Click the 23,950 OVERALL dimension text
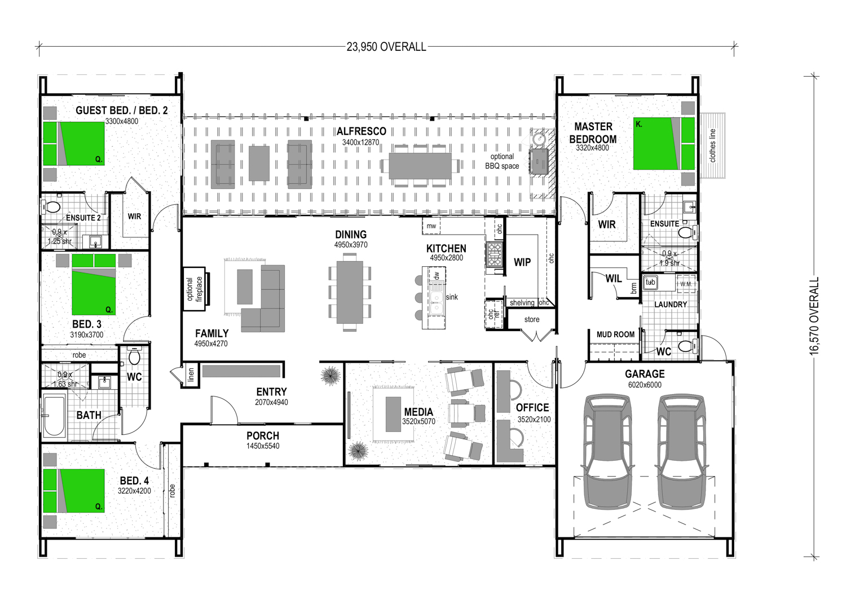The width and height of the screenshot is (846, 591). tap(386, 47)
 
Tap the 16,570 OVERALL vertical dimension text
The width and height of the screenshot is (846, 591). tap(814, 316)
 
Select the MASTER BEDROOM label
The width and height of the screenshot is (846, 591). tap(593, 133)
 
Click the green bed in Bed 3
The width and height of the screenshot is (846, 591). tap(94, 284)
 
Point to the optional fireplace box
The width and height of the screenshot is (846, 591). tap(195, 289)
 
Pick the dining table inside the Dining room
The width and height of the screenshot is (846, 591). tap(350, 292)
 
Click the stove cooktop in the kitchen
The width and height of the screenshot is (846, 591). tap(494, 254)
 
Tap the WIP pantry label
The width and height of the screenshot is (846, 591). tap(522, 262)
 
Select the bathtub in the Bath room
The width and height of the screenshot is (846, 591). tap(54, 415)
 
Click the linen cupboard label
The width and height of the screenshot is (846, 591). tap(191, 374)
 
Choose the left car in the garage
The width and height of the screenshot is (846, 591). tap(607, 452)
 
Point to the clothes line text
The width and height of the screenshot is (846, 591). tap(713, 145)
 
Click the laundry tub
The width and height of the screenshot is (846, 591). tap(650, 283)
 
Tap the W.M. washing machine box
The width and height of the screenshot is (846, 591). tap(686, 284)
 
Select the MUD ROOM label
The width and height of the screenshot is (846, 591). tap(615, 334)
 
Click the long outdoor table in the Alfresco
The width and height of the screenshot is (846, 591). tap(420, 166)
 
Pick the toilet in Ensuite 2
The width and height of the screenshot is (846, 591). tap(51, 208)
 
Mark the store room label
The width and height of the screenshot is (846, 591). tap(532, 320)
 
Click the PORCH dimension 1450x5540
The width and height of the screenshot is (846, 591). tap(263, 446)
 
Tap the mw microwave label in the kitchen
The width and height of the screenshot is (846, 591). tap(431, 226)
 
